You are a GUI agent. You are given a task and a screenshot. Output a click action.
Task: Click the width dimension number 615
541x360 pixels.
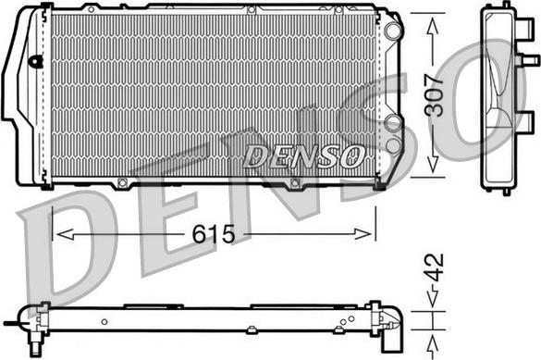[214, 234]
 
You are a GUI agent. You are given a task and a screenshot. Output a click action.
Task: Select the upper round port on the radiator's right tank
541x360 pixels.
[393, 31]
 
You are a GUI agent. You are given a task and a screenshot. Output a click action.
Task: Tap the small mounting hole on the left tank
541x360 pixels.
[36, 63]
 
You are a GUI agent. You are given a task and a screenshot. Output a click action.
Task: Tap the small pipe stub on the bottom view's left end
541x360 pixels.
[13, 323]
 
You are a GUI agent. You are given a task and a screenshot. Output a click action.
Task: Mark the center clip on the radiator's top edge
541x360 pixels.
[252, 10]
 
